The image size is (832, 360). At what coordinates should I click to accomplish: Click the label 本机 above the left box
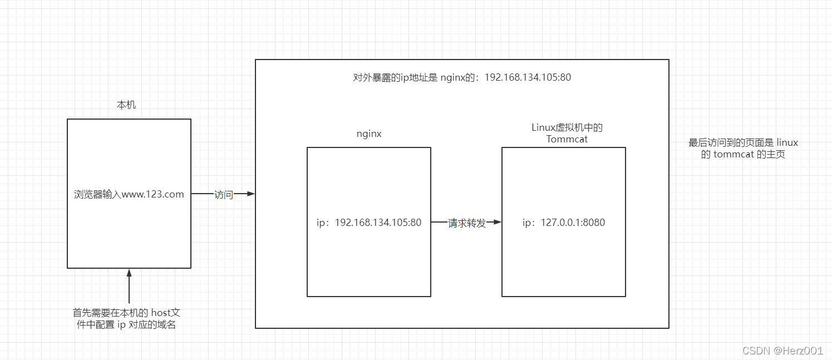[126, 105]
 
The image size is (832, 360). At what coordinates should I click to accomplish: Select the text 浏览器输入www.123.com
[129, 195]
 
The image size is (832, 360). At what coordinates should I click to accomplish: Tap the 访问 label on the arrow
[223, 195]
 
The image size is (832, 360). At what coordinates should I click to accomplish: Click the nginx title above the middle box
[369, 134]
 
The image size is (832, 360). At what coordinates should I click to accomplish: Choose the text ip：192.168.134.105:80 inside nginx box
[369, 223]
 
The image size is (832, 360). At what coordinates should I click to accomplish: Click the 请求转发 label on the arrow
[467, 223]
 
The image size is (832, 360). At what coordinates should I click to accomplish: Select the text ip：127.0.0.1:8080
[564, 223]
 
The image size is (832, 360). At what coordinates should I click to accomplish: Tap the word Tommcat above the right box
[567, 139]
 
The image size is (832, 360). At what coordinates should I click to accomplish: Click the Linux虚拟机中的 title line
[567, 128]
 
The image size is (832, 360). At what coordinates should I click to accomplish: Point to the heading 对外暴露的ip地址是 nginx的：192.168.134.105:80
[462, 77]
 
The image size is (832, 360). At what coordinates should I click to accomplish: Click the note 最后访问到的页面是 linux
[743, 144]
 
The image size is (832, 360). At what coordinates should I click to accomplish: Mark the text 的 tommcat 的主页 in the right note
[743, 155]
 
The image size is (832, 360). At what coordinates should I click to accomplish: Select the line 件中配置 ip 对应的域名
[126, 324]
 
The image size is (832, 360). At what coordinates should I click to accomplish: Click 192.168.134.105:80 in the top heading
[528, 77]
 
